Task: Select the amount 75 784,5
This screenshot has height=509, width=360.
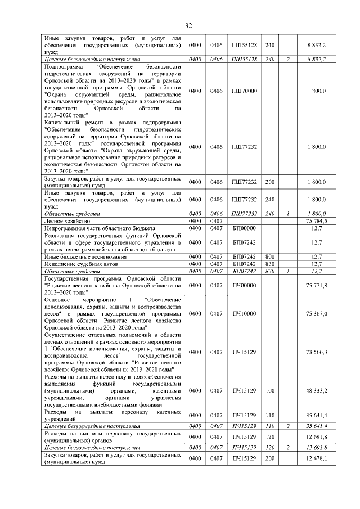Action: pyautogui.click(x=316, y=221)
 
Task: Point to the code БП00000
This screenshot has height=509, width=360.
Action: pyautogui.click(x=244, y=228)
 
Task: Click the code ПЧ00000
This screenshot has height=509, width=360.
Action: pyautogui.click(x=244, y=286)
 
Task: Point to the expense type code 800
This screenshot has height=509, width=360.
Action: pyautogui.click(x=270, y=256)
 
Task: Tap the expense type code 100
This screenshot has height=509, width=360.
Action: pyautogui.click(x=270, y=390)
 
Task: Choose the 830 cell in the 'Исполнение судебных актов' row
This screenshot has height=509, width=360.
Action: pyautogui.click(x=270, y=264)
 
